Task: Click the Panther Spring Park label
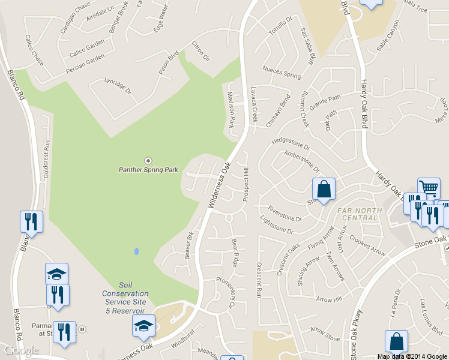coord(148,170)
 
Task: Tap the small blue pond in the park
coord(136,251)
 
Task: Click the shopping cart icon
coord(429,188)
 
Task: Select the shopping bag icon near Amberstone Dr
coord(324,190)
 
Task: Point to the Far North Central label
coord(358,214)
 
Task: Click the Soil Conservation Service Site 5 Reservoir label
coord(125,298)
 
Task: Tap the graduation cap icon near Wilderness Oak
coord(143,326)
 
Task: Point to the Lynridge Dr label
coord(117,86)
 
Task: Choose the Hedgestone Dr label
coord(291,144)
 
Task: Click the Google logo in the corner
coord(21,350)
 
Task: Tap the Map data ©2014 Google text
coord(412,356)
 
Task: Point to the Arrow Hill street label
coord(328,299)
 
